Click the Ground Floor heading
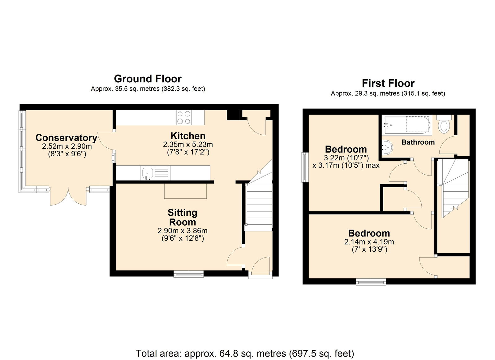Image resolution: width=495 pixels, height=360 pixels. pyautogui.click(x=148, y=79)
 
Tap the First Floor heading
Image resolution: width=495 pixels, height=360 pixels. pyautogui.click(x=388, y=83)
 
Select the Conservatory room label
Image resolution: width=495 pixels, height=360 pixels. pyautogui.click(x=66, y=138)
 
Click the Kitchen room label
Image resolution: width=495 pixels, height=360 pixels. pyautogui.click(x=188, y=136)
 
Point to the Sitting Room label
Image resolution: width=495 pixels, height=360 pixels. pyautogui.click(x=183, y=217)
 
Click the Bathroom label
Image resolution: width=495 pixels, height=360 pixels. pyautogui.click(x=418, y=142)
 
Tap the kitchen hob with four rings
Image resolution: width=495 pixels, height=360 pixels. pyautogui.click(x=183, y=118)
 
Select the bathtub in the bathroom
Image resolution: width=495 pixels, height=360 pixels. pyautogui.click(x=408, y=125)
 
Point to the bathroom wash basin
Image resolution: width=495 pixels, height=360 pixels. pyautogui.click(x=387, y=147)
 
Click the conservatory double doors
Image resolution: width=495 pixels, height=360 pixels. pyautogui.click(x=68, y=196)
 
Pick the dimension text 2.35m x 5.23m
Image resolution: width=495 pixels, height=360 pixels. pyautogui.click(x=188, y=145)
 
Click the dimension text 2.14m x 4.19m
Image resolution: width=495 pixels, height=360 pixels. pyautogui.click(x=369, y=242)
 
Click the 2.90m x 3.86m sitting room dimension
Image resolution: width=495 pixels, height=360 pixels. pyautogui.click(x=183, y=231)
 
